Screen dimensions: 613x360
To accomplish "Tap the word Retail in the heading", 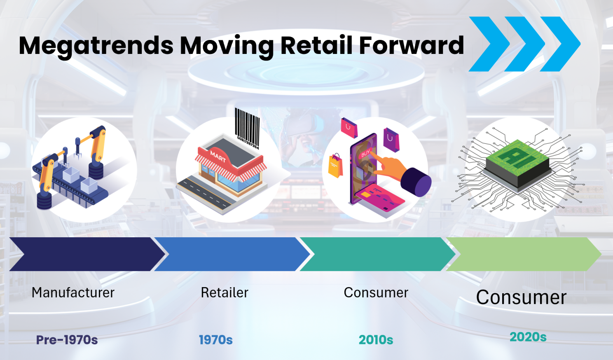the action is (316, 45).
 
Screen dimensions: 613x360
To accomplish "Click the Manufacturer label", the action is (73, 293).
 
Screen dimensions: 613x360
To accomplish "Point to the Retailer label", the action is (225, 293).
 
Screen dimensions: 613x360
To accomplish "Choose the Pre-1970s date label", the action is (67, 340).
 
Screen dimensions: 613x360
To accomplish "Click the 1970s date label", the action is (216, 340).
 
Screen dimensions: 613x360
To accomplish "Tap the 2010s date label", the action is (376, 340).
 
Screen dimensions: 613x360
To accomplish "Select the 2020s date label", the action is (528, 337).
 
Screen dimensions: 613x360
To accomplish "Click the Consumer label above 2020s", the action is (521, 297).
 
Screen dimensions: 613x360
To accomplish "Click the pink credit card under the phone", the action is (379, 198).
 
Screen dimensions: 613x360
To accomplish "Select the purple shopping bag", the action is (391, 140).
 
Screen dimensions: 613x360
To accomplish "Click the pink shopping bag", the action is (349, 128).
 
